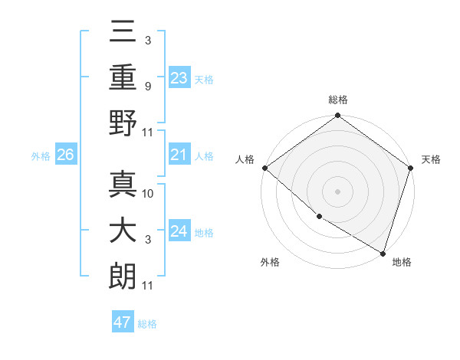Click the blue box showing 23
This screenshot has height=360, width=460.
click(x=179, y=77)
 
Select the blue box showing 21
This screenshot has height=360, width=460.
click(x=179, y=156)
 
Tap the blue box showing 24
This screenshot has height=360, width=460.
click(x=179, y=232)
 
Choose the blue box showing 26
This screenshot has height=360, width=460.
click(x=65, y=155)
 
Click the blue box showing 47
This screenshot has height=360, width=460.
click(x=122, y=322)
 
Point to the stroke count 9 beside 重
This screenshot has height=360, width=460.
click(x=147, y=87)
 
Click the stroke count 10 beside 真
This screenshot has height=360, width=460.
click(x=149, y=193)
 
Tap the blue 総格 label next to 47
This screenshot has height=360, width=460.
click(x=147, y=324)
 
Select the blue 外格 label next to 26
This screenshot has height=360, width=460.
click(x=41, y=156)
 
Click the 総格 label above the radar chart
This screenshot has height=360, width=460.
click(x=337, y=100)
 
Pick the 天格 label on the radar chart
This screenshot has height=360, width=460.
click(x=432, y=159)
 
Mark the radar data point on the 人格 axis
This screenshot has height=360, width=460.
click(x=264, y=168)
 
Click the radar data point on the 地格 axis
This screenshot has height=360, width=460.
click(x=383, y=252)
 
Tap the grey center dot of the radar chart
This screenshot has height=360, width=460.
click(x=337, y=191)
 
